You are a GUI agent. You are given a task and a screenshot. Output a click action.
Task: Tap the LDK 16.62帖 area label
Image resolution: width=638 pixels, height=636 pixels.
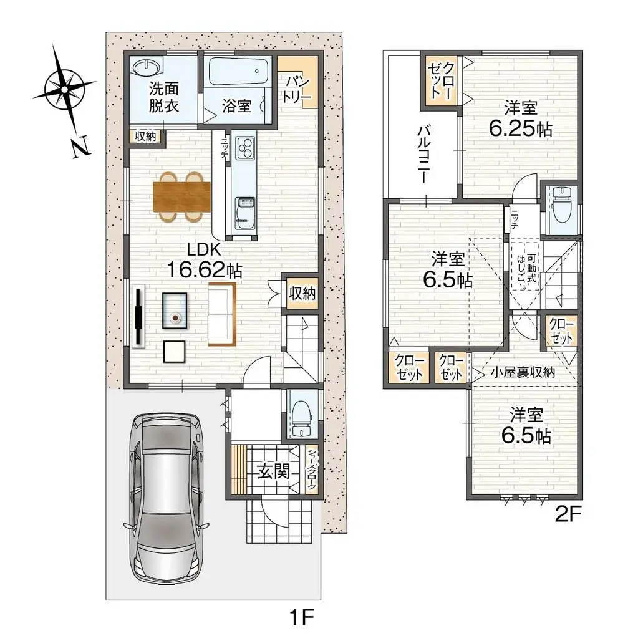pos(203,261)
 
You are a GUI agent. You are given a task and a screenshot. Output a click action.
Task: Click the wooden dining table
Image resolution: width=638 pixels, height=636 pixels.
pos(181,196)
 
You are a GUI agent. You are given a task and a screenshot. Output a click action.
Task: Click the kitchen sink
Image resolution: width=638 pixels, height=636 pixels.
pos(244,208)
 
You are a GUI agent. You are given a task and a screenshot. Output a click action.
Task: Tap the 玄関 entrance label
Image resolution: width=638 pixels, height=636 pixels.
pos(273,472)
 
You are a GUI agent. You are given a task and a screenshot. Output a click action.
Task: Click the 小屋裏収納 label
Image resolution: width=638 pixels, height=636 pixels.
pos(522,372)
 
